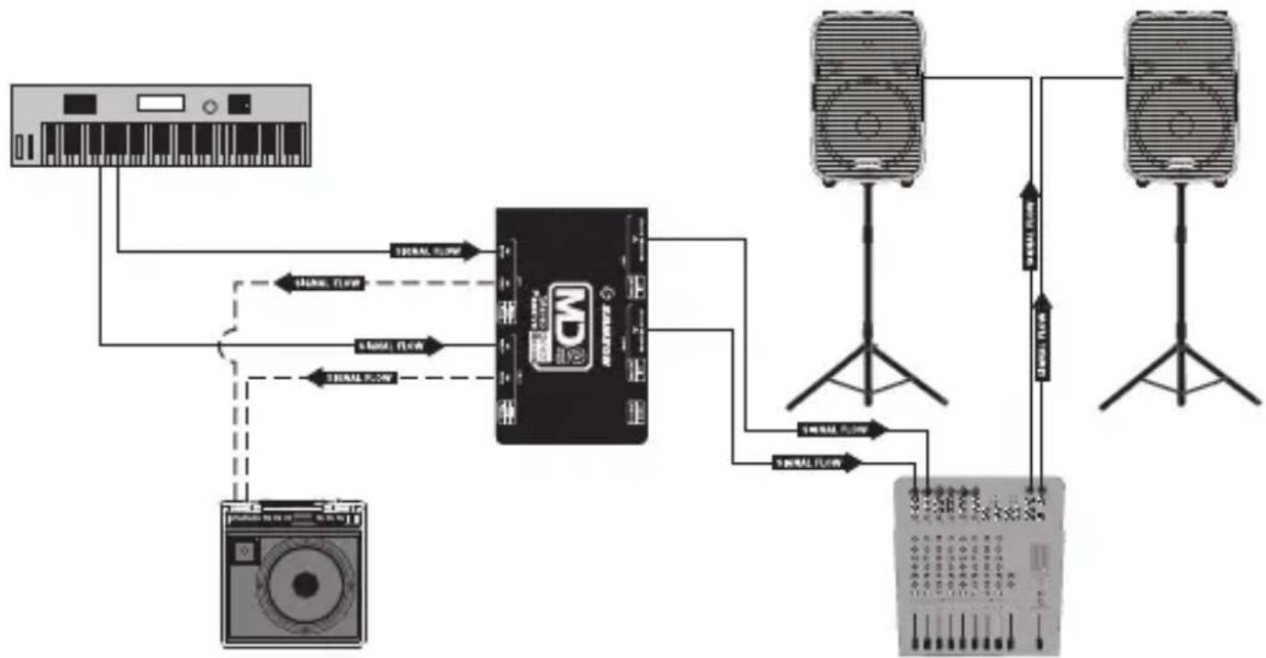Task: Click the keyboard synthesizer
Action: click(x=161, y=126)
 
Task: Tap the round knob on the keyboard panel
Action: click(x=210, y=106)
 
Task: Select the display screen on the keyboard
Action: click(x=161, y=104)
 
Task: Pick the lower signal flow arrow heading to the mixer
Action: click(x=818, y=463)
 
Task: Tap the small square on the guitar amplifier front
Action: click(x=243, y=552)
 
